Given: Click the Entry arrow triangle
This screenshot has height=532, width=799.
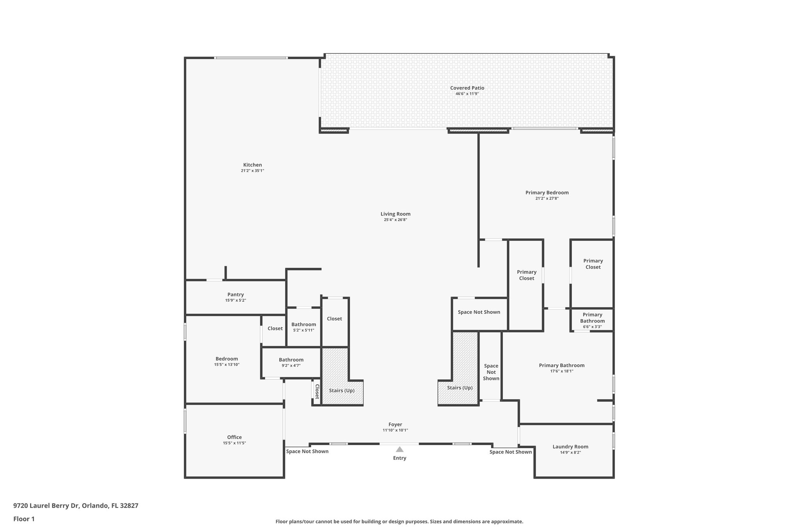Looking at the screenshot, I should point(399,449).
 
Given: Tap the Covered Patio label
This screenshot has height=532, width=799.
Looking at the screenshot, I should point(467,88).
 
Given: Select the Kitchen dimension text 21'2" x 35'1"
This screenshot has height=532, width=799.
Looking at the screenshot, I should point(252,171).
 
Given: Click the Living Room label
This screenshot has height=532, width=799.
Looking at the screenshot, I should point(395,214).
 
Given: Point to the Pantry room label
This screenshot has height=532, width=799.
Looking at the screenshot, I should point(235,295).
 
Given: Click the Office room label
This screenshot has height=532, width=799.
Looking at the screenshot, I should point(234,437).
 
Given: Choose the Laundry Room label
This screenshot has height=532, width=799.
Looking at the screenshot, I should point(570,447).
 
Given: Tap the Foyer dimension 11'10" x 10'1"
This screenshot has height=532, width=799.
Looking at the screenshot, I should point(395,430).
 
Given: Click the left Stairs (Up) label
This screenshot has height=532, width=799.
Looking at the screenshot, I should point(341,391).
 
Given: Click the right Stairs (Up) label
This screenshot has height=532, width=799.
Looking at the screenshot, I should point(460,388).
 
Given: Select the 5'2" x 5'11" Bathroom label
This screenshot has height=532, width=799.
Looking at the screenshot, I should point(304,325).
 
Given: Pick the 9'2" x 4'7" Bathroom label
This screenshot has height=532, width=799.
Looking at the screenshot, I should point(291,360).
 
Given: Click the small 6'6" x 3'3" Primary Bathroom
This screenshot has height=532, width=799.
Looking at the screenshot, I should point(592,318).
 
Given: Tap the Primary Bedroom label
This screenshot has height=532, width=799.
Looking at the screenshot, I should point(547,193).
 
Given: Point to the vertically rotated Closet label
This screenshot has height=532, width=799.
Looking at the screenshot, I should point(317,392).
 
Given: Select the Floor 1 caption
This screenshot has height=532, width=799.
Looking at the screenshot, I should point(24,519).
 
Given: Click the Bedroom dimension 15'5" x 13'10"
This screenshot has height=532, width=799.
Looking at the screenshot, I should point(227,365).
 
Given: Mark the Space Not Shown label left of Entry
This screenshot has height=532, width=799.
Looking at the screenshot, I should point(307,451).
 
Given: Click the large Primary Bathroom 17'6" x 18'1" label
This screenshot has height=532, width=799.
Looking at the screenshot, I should point(561,366).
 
